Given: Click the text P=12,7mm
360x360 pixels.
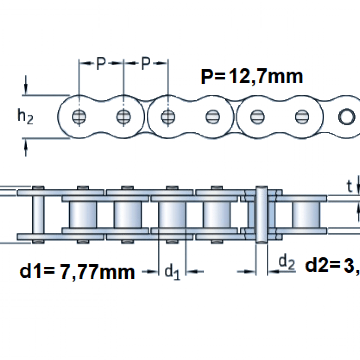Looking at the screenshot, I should coord(252,76).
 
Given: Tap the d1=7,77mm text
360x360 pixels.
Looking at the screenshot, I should coord(77,272).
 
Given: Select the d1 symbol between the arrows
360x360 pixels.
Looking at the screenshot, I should coord(172,272).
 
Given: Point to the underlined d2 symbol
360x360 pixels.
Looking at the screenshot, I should coord(287,262).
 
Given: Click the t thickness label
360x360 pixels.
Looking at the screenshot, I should coord(349,186).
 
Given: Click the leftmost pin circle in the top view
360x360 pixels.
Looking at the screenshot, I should coord(79,116).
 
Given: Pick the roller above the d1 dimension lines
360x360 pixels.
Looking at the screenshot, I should coord(172,215).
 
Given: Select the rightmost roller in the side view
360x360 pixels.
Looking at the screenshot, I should coord(306,215).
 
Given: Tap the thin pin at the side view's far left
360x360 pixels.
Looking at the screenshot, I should coord(38,215).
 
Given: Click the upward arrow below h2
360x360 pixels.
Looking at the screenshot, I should coord(26,148).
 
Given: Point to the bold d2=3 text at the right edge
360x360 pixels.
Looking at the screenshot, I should coord(331,265).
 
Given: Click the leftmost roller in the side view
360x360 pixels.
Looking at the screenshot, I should coord(83,215).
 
